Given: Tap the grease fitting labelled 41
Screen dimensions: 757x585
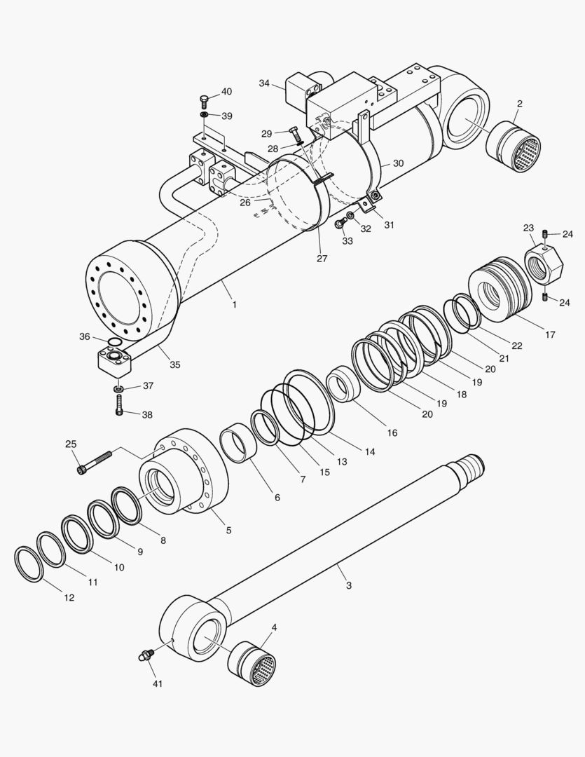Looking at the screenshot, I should coord(145,656).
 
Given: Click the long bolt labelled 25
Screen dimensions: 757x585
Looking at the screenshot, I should coord(95,463).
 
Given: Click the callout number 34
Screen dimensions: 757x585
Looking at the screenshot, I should coord(264,83).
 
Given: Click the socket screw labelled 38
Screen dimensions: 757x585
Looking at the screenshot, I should coord(121,405).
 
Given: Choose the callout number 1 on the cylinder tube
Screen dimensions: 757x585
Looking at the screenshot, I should coord(234,305).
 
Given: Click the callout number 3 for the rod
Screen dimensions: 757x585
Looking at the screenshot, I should coord(349,585).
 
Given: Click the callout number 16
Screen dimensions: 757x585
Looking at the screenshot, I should coord(392,433).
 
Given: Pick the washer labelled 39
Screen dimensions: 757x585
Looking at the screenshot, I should coord(204,115).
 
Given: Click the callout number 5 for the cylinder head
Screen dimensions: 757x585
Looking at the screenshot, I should coord(228,531).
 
